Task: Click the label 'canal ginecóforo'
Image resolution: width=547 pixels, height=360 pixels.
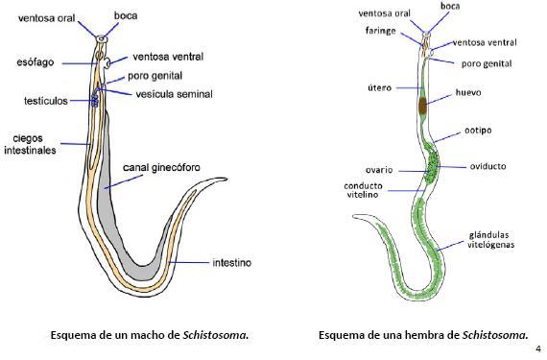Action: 161,168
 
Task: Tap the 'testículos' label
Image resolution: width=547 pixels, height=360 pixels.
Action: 46,101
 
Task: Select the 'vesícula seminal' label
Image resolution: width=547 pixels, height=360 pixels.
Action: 174,94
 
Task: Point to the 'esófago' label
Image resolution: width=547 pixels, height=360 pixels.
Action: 36,62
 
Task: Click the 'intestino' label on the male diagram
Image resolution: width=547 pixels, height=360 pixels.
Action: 231,262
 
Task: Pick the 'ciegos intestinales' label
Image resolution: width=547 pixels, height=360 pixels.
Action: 30,144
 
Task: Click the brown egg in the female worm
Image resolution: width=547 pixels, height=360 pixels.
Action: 423,106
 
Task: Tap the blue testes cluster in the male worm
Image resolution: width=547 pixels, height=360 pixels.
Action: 95,101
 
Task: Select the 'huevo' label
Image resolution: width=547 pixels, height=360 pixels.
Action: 468,93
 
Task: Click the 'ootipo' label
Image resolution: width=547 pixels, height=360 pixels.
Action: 478,131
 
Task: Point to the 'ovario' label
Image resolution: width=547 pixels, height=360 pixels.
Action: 379,170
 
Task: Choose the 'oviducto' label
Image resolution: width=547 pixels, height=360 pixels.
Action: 488,166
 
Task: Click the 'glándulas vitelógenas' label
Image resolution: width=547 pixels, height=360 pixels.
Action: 490,240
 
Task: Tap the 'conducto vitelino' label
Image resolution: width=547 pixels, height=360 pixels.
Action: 363,190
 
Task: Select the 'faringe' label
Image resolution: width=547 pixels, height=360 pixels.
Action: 381,31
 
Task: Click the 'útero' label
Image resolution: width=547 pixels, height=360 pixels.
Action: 380,88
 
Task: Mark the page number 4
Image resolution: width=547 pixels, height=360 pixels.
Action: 538,348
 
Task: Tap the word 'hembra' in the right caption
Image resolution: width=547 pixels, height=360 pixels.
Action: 429,335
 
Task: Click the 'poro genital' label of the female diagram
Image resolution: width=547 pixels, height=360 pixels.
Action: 487,64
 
